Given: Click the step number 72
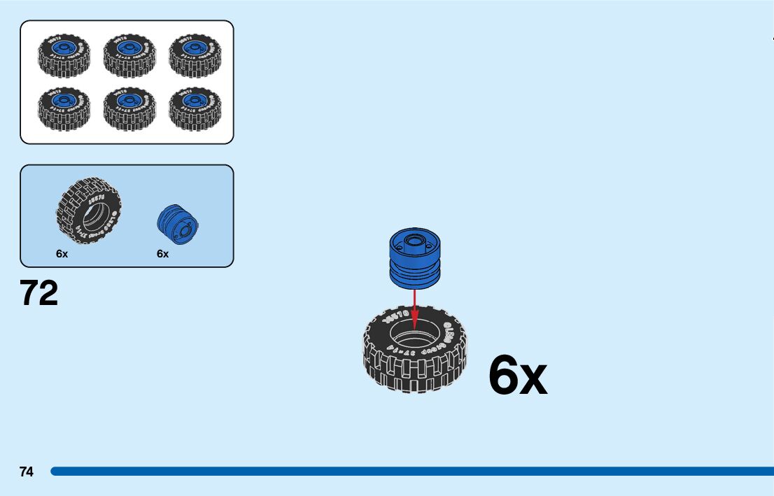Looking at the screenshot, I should click(x=39, y=293).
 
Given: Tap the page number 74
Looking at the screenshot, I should click(x=27, y=472).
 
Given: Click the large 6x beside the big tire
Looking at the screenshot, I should click(x=517, y=376).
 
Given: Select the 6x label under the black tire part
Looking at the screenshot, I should click(x=62, y=254).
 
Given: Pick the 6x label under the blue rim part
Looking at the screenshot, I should click(x=163, y=254).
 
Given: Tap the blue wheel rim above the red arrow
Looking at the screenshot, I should click(x=414, y=259).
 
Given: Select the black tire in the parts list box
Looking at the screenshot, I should click(x=89, y=211).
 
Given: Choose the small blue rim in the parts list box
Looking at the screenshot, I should click(x=178, y=225).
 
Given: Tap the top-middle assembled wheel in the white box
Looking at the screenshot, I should click(x=129, y=55).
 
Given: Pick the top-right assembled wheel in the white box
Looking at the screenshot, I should click(x=195, y=55).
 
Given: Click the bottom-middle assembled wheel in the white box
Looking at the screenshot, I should click(x=129, y=108).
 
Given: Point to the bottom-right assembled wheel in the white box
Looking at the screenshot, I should click(x=195, y=108).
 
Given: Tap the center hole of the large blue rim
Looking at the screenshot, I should click(x=413, y=242).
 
